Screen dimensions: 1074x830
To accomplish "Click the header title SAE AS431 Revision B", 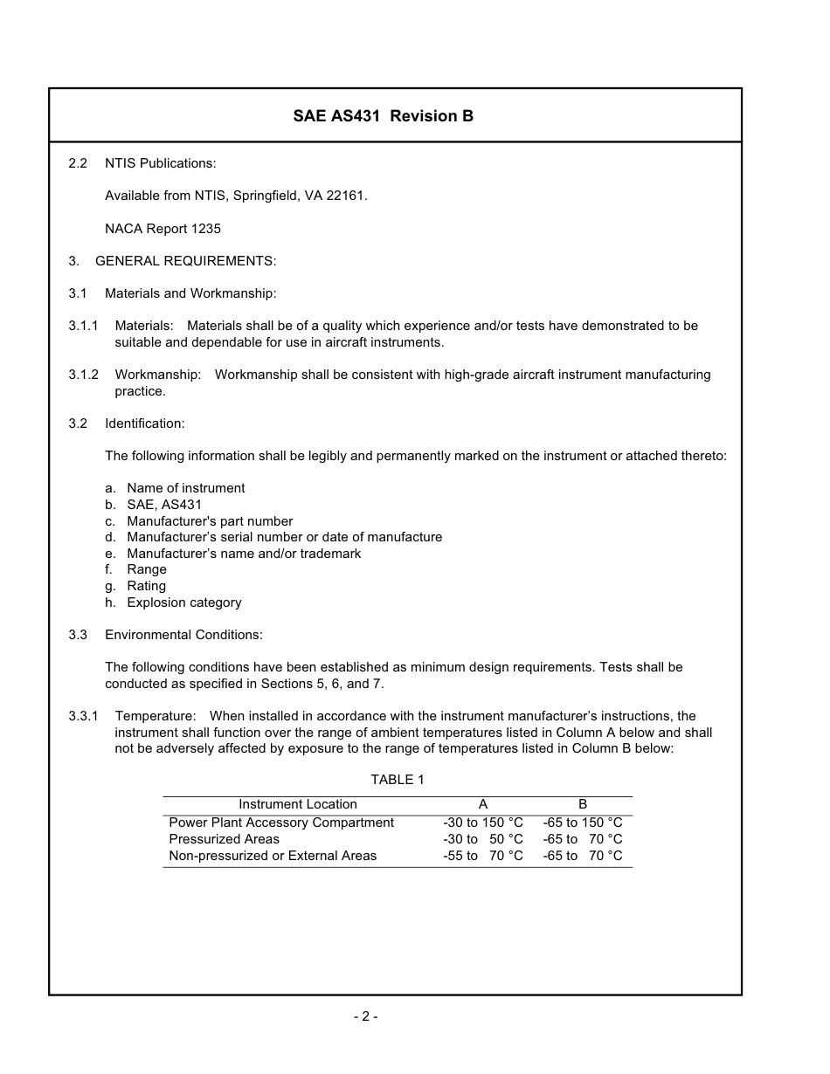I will tap(383, 116).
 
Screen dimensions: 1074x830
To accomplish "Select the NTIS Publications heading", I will tap(160, 163).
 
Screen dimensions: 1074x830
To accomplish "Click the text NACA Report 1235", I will tap(163, 229).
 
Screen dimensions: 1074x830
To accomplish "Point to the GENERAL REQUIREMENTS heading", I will tap(185, 261).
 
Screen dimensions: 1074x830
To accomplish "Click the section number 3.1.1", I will tap(83, 326).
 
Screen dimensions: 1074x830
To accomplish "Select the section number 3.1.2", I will tap(83, 375).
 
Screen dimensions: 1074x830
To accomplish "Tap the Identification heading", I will tap(144, 423).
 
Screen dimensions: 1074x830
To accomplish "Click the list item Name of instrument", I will tap(185, 488).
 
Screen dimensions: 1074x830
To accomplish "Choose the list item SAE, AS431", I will tap(164, 505).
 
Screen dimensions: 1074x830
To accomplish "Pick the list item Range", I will tap(147, 569).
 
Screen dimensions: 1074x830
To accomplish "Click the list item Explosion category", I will tap(183, 602).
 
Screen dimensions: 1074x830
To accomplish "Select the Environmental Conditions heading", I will tap(183, 635).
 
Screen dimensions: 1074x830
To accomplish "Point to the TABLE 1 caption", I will tap(398, 780).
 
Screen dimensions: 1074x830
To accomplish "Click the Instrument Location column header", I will tap(298, 804).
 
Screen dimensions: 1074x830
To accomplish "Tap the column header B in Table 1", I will tap(583, 804).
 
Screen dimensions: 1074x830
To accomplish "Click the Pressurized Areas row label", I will tap(224, 839).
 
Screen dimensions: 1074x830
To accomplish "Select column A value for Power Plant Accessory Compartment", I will tap(483, 823).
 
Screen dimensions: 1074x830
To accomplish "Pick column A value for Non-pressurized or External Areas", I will tap(483, 856).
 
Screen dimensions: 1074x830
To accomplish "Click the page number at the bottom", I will tap(365, 1015).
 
